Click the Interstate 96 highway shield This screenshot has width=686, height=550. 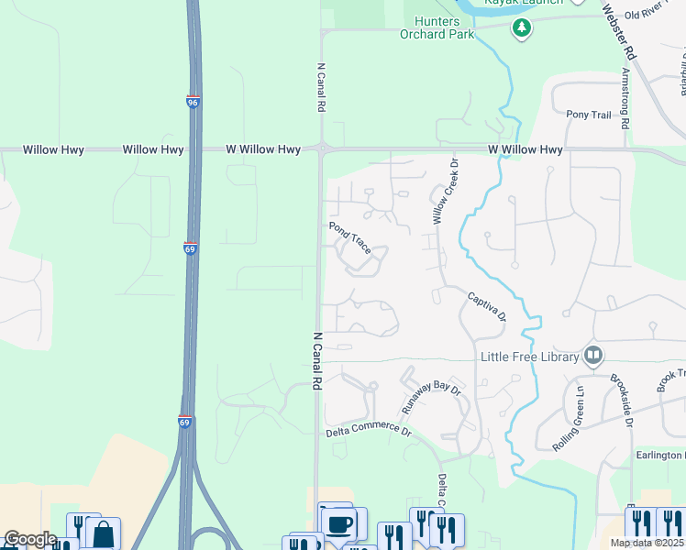coord(193,103)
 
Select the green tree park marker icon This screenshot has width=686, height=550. coord(522,28)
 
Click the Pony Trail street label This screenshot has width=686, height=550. coord(588,115)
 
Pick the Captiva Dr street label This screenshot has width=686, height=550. coord(486,307)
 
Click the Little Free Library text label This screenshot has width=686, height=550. coord(528,357)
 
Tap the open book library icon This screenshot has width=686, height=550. coord(593,356)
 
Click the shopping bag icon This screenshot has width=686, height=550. coord(104,533)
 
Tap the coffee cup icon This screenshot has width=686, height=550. coord(339,524)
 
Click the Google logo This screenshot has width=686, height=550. coord(29,540)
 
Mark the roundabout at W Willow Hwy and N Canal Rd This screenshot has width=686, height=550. coord(322,148)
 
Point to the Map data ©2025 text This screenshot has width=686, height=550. coord(647,543)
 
